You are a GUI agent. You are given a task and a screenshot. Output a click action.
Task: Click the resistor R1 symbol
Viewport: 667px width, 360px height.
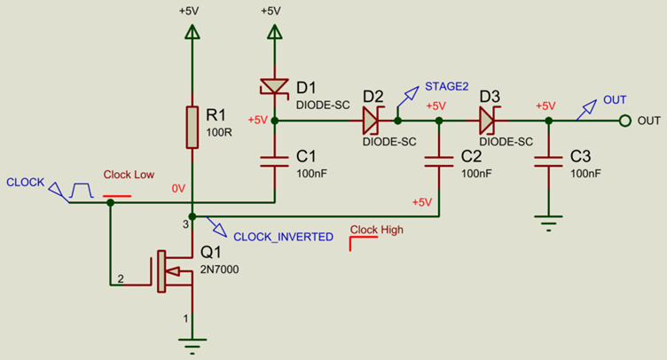pyautogui.click(x=192, y=127)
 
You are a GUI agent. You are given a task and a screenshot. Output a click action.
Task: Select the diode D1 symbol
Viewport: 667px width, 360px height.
pyautogui.click(x=274, y=87)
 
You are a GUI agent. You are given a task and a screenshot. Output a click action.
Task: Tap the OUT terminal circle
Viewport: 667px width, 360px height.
pyautogui.click(x=625, y=120)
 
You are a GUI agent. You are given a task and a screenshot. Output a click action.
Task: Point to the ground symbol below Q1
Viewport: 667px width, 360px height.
pyautogui.click(x=192, y=341)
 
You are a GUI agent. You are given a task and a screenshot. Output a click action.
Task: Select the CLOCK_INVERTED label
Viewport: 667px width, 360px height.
pyautogui.click(x=283, y=237)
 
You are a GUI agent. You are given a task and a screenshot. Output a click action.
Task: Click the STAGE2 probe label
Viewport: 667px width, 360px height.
pyautogui.click(x=446, y=86)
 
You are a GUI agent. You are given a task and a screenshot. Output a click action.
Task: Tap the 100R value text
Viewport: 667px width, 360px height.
pyautogui.click(x=218, y=132)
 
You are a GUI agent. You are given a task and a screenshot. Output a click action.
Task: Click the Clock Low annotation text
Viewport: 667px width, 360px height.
pyautogui.click(x=129, y=176)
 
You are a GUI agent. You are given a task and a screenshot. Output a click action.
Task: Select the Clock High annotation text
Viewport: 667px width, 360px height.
pyautogui.click(x=377, y=230)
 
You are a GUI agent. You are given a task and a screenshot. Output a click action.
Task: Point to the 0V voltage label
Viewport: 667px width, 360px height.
pyautogui.click(x=177, y=187)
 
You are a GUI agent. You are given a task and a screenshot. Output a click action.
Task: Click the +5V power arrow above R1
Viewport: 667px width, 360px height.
pyautogui.click(x=192, y=31)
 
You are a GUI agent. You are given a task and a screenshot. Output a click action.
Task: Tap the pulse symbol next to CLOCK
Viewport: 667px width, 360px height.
pyautogui.click(x=82, y=190)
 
